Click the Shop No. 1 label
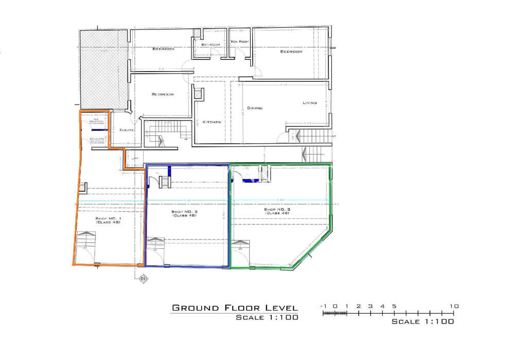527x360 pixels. pos(108,220)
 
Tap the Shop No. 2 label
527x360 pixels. pos(185,213)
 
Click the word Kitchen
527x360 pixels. pos(212,122)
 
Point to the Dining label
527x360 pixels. pos(255,108)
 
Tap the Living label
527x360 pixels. pos(309,103)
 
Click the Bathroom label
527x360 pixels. pos(211,45)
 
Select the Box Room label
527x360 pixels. pos(240,41)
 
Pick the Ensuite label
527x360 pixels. pos(127,130)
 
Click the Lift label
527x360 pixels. pos(135,159)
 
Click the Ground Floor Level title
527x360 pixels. pos(235,308)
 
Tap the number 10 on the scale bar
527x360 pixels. pos(454,306)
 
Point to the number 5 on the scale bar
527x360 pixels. pos(394,306)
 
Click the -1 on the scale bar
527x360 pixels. pos(324,306)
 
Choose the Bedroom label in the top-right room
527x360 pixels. pos(291,52)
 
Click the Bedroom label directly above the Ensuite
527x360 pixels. pos(163,94)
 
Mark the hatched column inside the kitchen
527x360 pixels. pos(199,94)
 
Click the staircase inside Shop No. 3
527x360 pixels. pos(241,245)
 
